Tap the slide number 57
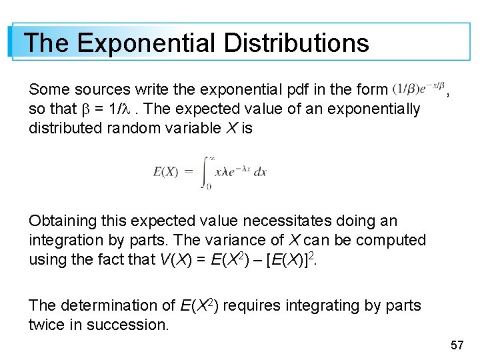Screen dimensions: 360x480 click(x=457, y=345)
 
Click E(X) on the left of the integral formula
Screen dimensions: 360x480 click(x=165, y=171)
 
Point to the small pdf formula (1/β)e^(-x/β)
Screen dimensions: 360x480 click(x=419, y=89)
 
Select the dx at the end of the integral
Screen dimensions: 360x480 click(x=259, y=171)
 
